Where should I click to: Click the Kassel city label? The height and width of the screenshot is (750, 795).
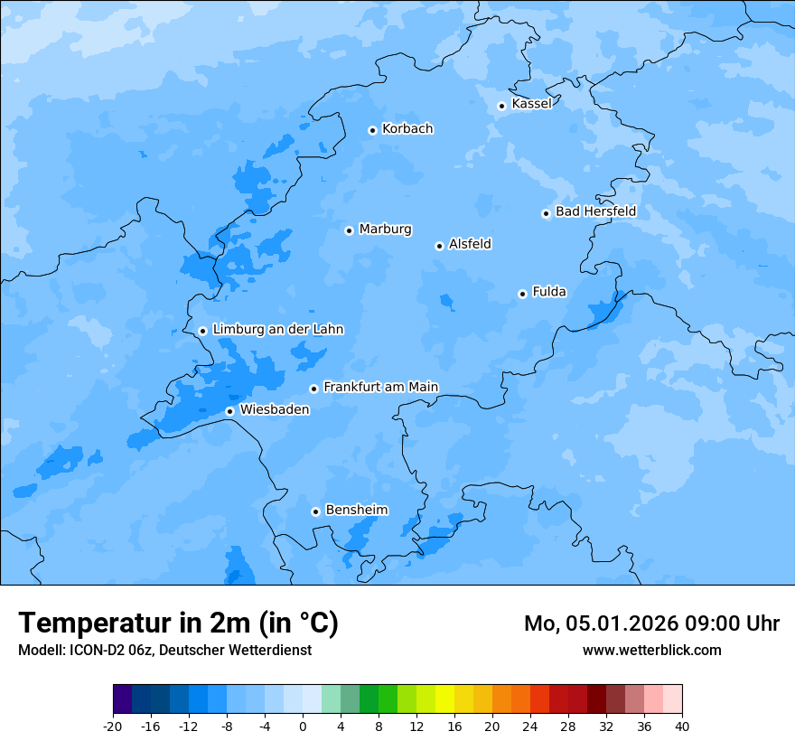point(531,104)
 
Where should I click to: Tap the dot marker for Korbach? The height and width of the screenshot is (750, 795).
point(372,130)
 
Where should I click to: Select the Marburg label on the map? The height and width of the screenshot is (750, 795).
point(385,230)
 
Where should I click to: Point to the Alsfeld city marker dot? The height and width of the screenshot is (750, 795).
point(439,246)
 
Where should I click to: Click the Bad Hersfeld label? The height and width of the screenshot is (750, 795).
point(595,211)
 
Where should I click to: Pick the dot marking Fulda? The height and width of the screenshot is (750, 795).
point(522,294)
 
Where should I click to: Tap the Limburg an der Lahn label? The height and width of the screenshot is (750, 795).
point(277,330)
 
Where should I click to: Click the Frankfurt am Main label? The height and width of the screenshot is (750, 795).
point(380,387)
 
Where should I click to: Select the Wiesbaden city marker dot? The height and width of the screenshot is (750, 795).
point(229,411)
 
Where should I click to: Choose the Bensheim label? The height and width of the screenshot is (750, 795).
point(356,510)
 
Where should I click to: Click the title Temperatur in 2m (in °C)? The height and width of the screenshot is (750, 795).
point(178,623)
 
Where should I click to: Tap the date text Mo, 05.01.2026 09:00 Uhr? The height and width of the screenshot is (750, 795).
point(651,623)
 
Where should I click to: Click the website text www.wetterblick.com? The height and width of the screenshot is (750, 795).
point(651,650)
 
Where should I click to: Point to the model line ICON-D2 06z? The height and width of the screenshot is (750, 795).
point(164,650)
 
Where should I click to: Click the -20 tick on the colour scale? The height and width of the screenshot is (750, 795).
point(113,727)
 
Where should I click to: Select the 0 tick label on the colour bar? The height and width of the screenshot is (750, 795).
point(303,727)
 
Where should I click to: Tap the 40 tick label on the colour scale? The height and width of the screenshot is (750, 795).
point(681,727)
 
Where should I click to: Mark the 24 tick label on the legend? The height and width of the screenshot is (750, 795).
point(529,727)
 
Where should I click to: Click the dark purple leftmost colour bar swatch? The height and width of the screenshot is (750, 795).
point(122,699)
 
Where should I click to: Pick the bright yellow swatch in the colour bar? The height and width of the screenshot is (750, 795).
point(444,699)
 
